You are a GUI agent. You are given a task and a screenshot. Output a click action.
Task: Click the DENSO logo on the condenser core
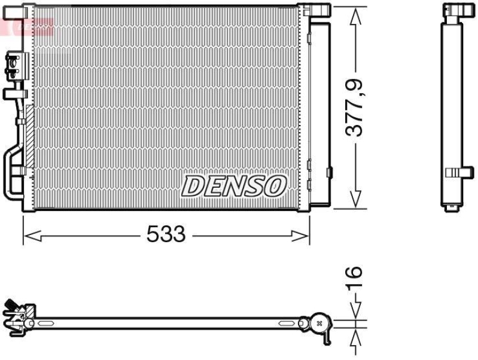[x=233, y=186]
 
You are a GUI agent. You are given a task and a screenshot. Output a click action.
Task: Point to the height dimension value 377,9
[x=357, y=109]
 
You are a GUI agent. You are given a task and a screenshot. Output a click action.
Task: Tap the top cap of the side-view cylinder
[x=453, y=11]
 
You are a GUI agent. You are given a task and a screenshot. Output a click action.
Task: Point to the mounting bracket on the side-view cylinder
[x=456, y=173]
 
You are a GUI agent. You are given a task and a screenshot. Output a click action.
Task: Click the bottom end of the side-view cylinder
[x=453, y=207]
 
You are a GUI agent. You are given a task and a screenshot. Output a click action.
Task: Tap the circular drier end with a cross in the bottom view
[x=319, y=323]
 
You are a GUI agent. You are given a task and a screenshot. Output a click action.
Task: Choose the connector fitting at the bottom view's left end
[x=18, y=315]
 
